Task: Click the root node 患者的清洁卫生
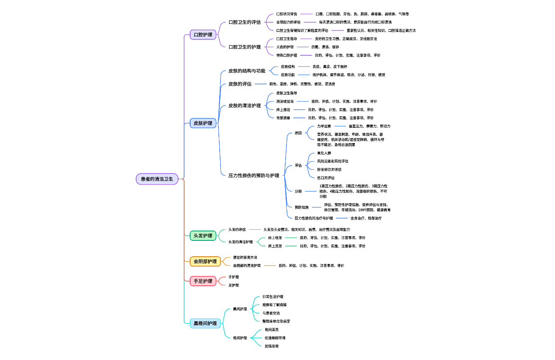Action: point(157,179)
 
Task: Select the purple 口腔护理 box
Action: point(203,35)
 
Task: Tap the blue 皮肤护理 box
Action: point(203,123)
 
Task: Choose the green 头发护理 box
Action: point(203,236)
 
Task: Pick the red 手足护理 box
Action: point(203,281)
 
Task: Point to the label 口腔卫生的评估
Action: point(245,22)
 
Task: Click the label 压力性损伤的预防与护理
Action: point(254,175)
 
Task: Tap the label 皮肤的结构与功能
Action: point(247,71)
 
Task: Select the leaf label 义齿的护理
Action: point(285,47)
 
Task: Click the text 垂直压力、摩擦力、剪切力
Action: point(369,126)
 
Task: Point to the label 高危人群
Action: point(324,153)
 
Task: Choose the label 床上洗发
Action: point(275,246)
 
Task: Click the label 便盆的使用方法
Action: point(245,257)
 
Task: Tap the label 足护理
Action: point(233,285)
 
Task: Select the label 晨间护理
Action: point(240,309)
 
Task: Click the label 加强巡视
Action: point(272,346)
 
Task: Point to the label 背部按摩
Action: point(283,118)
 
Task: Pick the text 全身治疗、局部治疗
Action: point(366,218)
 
